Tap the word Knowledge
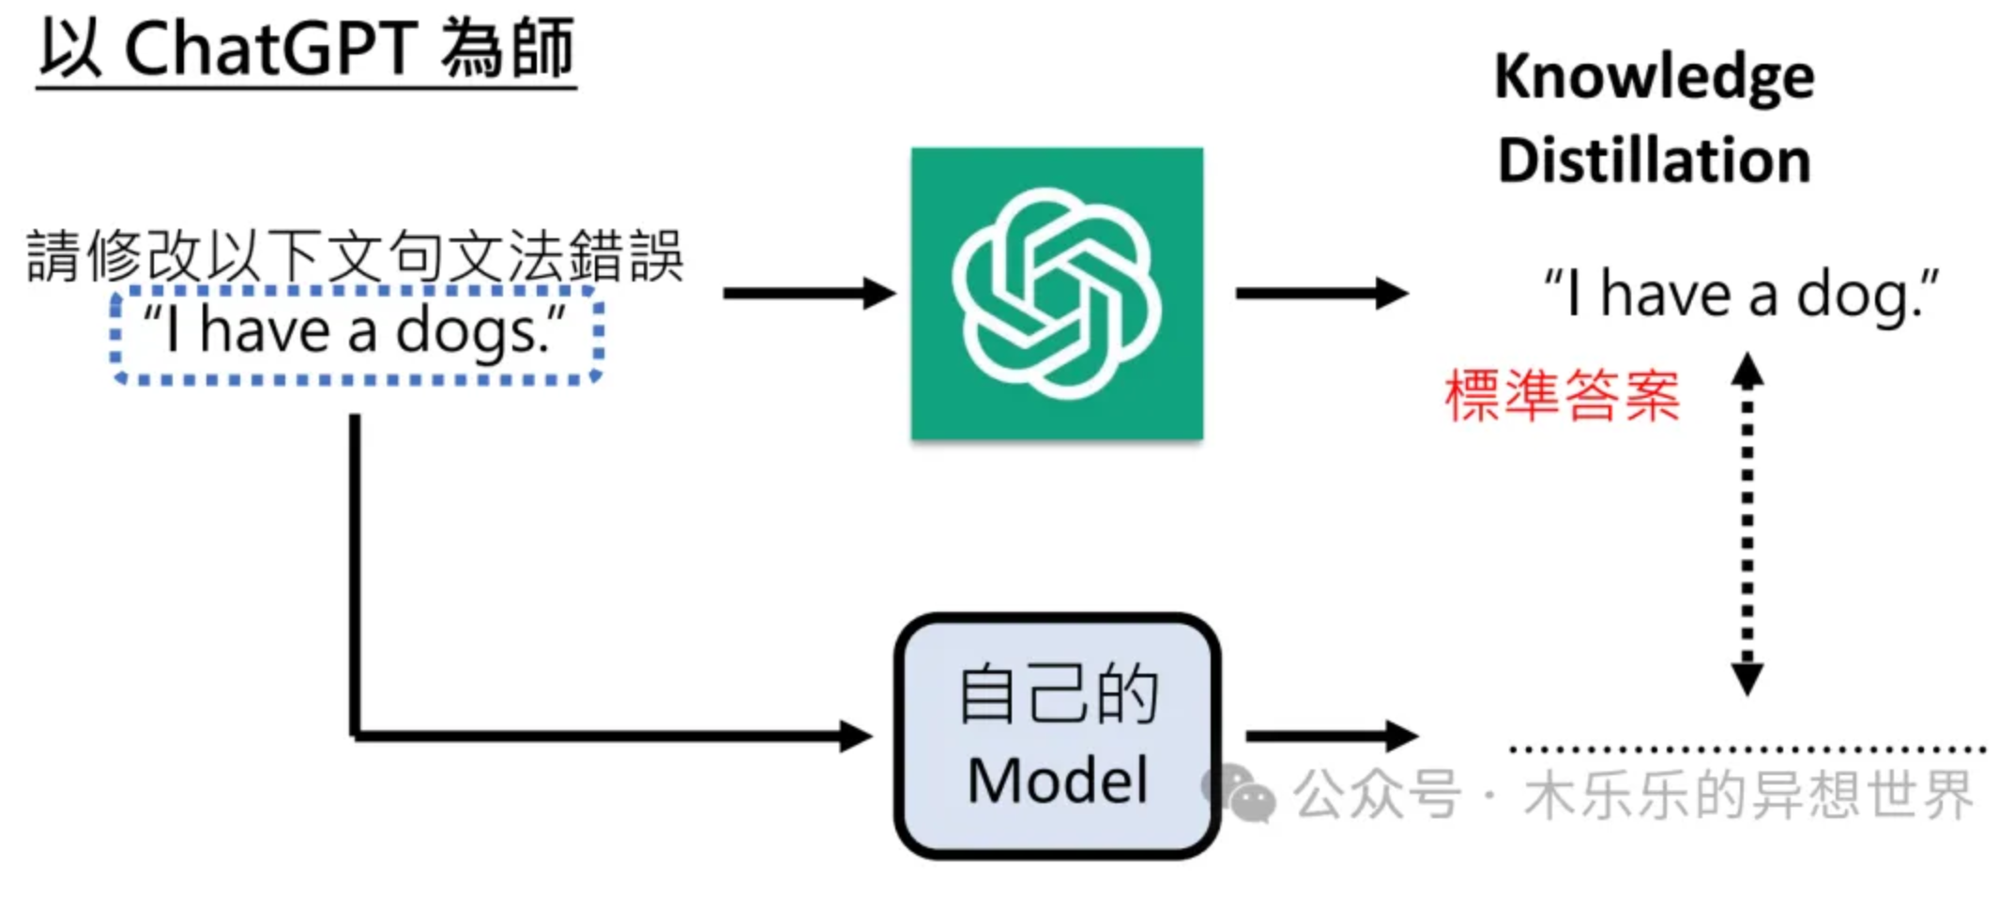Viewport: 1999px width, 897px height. [1654, 77]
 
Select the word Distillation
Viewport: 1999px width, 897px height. [1654, 160]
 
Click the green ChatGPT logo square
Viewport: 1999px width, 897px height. [1057, 293]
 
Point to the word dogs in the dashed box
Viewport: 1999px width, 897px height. [467, 332]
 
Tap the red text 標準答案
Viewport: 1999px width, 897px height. [1562, 396]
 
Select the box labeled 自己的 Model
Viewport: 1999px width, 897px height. [1057, 736]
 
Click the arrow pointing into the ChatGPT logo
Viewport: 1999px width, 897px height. [807, 293]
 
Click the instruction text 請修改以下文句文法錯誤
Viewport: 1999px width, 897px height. [355, 255]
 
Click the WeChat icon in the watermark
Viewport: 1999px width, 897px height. [1239, 794]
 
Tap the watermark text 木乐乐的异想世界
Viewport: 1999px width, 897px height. [1747, 796]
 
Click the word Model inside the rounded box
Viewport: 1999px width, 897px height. [1057, 781]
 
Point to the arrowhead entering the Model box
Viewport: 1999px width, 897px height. [856, 736]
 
